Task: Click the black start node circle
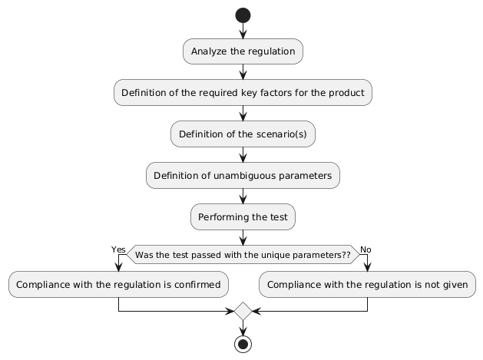[243, 15]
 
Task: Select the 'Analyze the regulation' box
[243, 51]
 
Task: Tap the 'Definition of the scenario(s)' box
[243, 134]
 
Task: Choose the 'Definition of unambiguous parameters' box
[243, 176]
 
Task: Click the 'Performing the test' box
[243, 217]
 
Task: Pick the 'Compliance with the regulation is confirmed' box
[118, 285]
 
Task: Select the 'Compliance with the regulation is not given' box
[368, 285]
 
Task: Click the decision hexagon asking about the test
[243, 254]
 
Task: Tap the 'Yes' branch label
[118, 249]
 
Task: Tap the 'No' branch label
[366, 249]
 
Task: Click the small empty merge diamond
[243, 311]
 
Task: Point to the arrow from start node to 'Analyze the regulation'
[243, 31]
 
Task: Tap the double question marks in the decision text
[346, 254]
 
